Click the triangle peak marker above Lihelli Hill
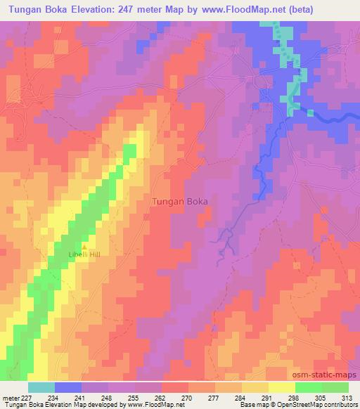pyautogui.click(x=85, y=247)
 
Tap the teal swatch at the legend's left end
pyautogui.click(x=41, y=387)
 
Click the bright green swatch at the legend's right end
pyautogui.click(x=335, y=387)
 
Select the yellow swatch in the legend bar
pyautogui.click(x=281, y=387)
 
